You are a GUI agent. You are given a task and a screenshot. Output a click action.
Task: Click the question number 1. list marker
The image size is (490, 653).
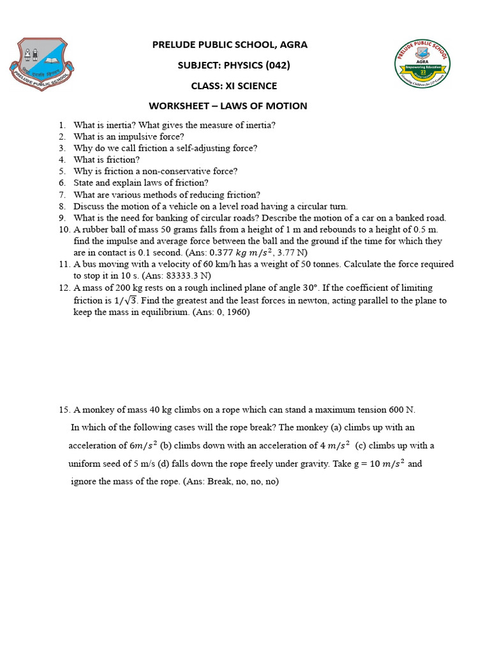coord(62,125)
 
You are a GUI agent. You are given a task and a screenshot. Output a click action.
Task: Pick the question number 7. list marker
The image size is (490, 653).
coord(62,194)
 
